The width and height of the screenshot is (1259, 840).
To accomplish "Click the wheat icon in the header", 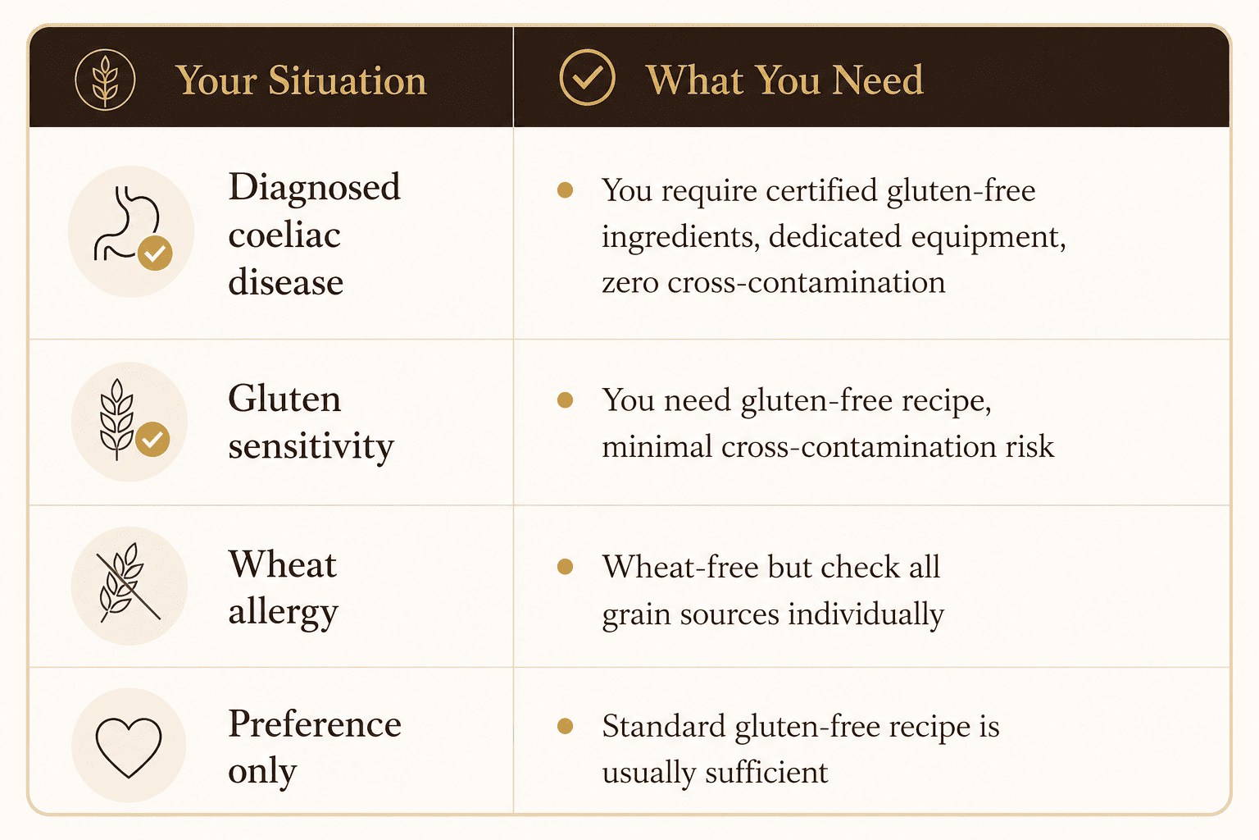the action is pos(105,80).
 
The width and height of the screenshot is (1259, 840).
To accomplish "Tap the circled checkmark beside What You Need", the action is pos(587,77).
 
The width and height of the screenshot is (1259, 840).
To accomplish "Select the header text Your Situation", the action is pos(301,80).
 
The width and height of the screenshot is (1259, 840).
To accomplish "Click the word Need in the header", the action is pos(877,80).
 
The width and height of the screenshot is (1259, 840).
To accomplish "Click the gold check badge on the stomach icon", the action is pos(155,253).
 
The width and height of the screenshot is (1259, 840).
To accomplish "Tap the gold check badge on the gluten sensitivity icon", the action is pos(152,439).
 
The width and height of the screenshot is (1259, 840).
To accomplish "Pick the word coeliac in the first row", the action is pos(284,235).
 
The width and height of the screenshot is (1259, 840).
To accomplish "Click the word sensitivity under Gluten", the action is pos(311,447).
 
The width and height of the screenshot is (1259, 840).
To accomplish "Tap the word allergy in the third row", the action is pos(284,612).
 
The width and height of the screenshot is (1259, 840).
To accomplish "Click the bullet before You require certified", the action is pos(565,190).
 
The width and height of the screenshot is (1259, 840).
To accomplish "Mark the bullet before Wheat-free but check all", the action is pos(565,567).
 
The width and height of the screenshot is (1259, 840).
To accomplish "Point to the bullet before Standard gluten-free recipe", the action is pos(565,726).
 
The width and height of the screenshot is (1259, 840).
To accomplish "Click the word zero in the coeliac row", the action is pos(630,283).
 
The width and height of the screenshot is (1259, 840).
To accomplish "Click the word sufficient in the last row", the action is pos(766,772).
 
